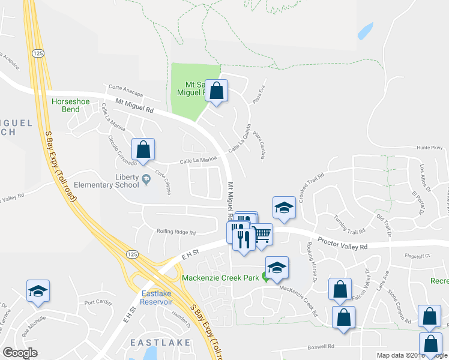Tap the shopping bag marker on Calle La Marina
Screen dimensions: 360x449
[x=143, y=149]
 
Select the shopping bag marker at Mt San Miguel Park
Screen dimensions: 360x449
[x=217, y=91]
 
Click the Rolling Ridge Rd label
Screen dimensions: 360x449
[x=176, y=232]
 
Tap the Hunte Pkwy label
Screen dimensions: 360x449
[x=429, y=147]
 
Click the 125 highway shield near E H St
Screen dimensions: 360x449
[x=131, y=255]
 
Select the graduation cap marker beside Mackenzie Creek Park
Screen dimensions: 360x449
[x=277, y=268]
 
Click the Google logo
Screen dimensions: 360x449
[x=20, y=353]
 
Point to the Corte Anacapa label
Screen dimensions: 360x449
[x=125, y=92]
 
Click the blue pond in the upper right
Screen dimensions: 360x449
[x=365, y=31]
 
